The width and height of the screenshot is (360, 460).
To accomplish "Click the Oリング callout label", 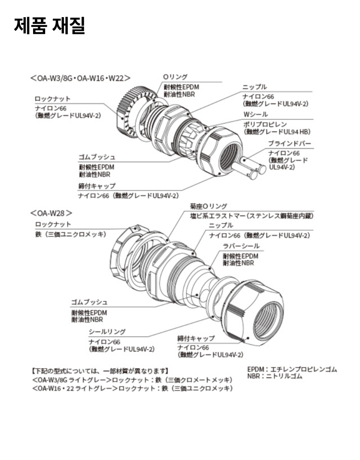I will (175, 77).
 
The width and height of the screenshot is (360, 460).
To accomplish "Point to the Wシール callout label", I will (255, 114).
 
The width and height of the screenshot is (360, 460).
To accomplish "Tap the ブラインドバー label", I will (289, 143).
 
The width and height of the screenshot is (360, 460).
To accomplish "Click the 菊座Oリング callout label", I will (208, 206).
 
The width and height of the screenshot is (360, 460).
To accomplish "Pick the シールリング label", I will (107, 332).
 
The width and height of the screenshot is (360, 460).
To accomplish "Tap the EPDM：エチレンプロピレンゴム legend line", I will (292, 370).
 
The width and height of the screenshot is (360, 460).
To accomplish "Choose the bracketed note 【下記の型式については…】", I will (100, 371).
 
